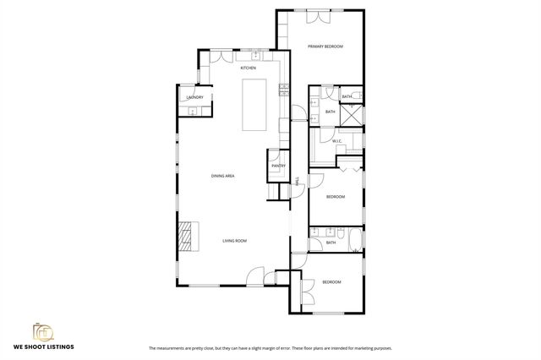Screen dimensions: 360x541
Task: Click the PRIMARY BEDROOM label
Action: pos(325,46)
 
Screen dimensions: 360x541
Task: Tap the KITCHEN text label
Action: pos(249,68)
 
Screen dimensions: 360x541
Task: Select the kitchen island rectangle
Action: pos(254,104)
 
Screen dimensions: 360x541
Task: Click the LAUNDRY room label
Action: pos(194,97)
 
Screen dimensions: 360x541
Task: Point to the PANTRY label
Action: pos(278,166)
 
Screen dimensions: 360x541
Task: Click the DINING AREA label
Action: pos(222,176)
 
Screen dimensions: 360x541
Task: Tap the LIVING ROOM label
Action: pos(234,241)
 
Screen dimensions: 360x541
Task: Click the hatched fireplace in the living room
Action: pos(189,236)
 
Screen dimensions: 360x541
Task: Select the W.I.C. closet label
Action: pos(336,141)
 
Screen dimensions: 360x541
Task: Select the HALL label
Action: pos(298,180)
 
